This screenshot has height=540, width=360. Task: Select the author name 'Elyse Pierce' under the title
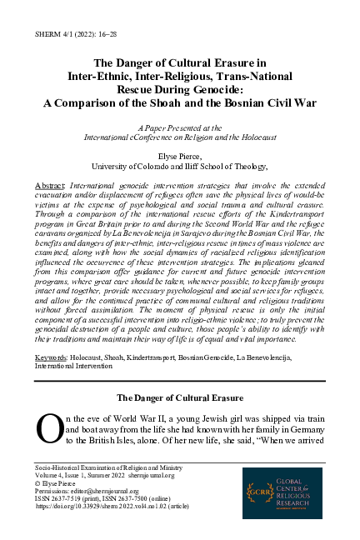pyautogui.click(x=179, y=155)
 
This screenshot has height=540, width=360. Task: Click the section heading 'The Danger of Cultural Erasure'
pyautogui.click(x=179, y=397)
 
